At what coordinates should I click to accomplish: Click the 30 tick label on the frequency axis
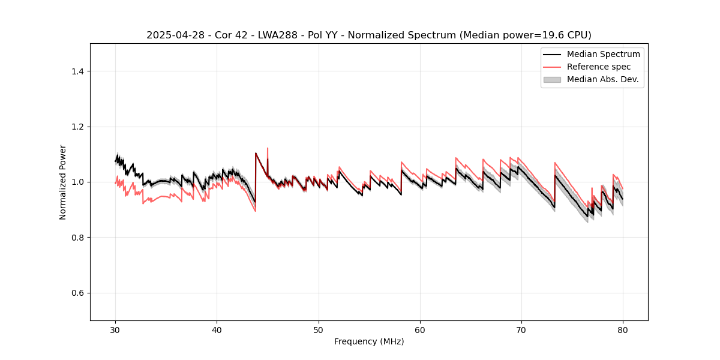coord(116,330)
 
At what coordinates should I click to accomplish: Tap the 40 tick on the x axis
coord(217,330)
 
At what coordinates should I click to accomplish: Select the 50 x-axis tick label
coord(319,330)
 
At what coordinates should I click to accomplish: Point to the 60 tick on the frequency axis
coord(420,330)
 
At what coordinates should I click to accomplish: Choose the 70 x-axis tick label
coord(521,330)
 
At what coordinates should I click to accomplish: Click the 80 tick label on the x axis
coord(623,330)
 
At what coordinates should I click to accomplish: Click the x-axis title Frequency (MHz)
coord(369,341)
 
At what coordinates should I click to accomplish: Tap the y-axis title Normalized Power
coord(63,182)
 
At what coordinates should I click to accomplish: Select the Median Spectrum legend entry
coord(603,54)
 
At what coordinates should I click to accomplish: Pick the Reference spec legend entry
coord(599,67)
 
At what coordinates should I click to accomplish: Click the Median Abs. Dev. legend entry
coord(602,79)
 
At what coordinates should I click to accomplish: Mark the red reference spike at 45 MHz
coord(268,149)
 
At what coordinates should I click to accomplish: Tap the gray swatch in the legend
coord(552,79)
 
